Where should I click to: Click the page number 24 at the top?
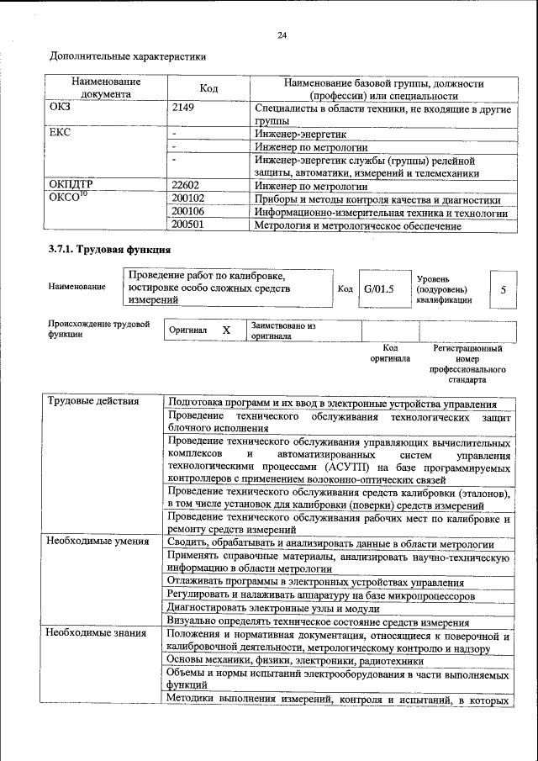tap(282, 34)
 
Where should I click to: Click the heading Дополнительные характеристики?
tap(127, 57)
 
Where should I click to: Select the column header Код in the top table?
tap(208, 88)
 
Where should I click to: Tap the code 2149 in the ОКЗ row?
tap(183, 108)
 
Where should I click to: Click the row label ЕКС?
tap(61, 133)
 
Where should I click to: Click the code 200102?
tap(187, 199)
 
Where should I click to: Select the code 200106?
tap(187, 212)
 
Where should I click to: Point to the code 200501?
tap(187, 225)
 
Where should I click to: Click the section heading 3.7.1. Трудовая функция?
tap(109, 250)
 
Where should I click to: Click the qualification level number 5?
tap(503, 288)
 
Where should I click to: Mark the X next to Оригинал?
tap(226, 330)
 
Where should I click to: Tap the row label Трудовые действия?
tap(93, 400)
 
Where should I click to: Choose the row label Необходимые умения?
tap(97, 542)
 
